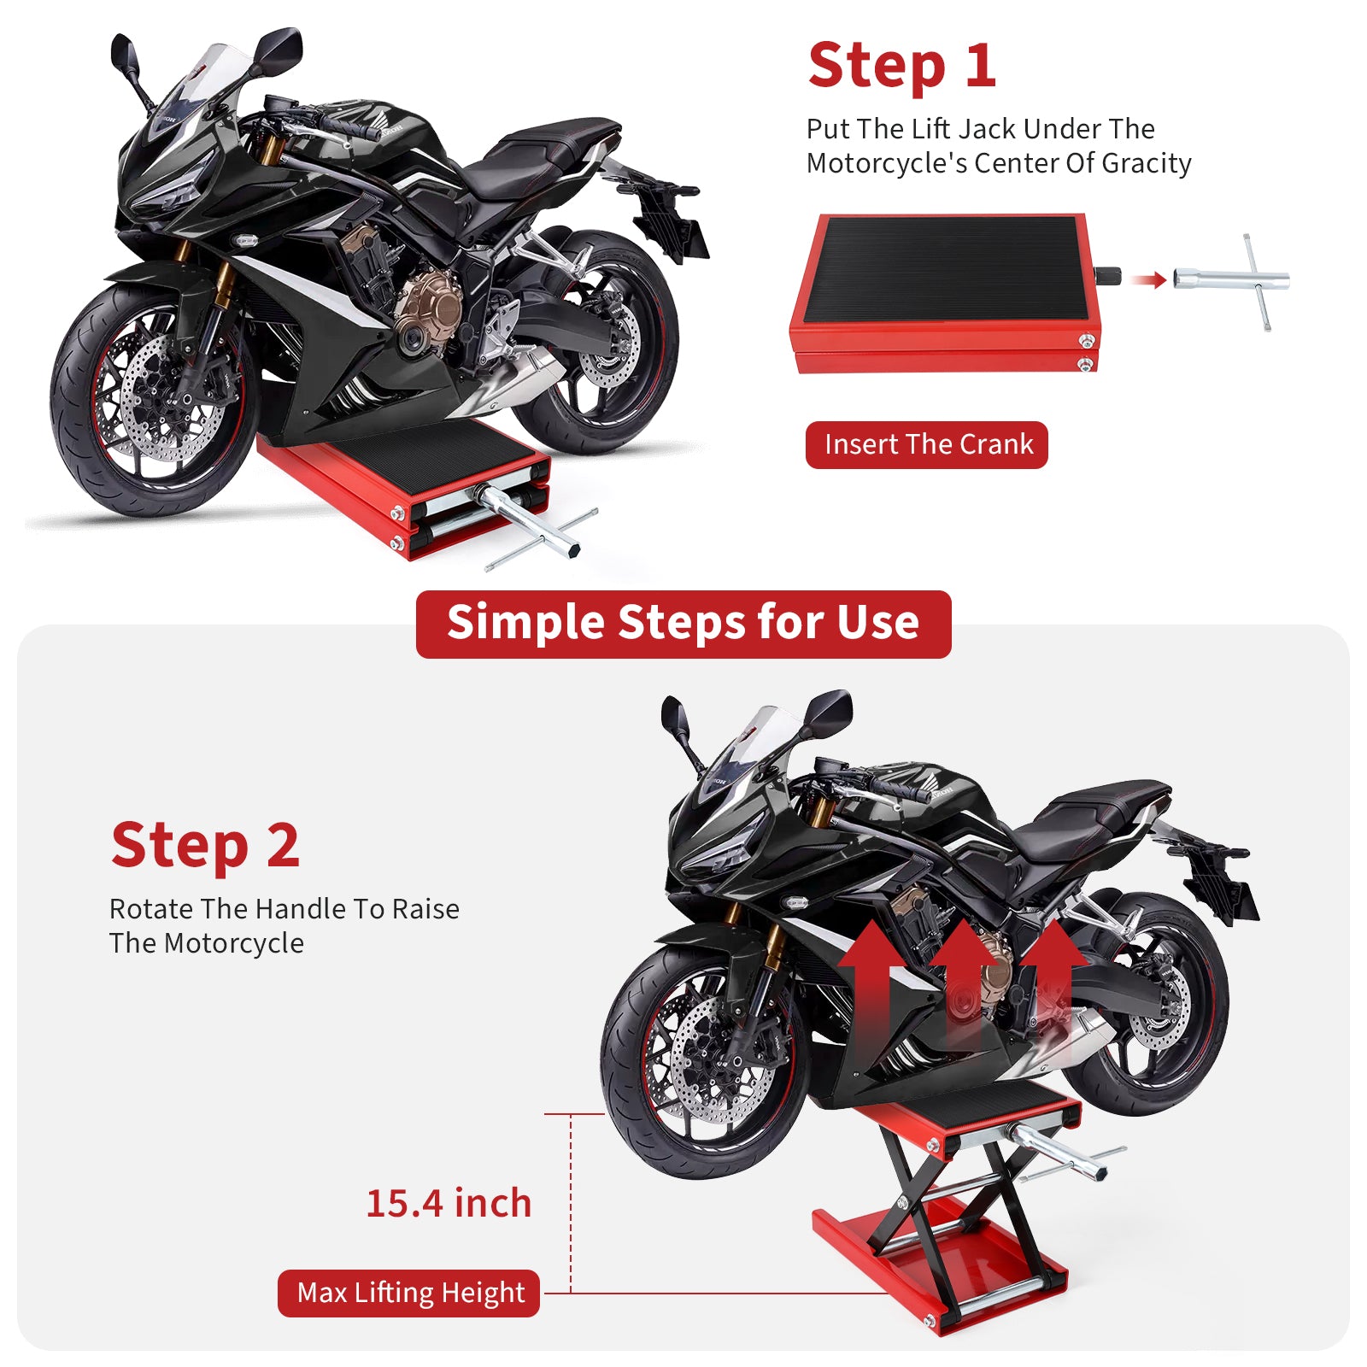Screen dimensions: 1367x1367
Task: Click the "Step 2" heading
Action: [x=205, y=845]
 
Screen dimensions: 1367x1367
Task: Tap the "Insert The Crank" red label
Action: [x=927, y=444]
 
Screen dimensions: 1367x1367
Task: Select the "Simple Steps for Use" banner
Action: [x=683, y=623]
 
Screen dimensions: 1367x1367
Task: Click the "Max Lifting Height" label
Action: [x=409, y=1293]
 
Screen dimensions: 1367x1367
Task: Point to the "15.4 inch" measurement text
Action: [x=449, y=1203]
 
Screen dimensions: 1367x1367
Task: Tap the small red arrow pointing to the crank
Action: [x=1148, y=279]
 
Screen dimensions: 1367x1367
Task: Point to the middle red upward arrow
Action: [x=963, y=974]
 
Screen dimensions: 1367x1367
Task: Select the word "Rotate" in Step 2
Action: [x=150, y=909]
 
